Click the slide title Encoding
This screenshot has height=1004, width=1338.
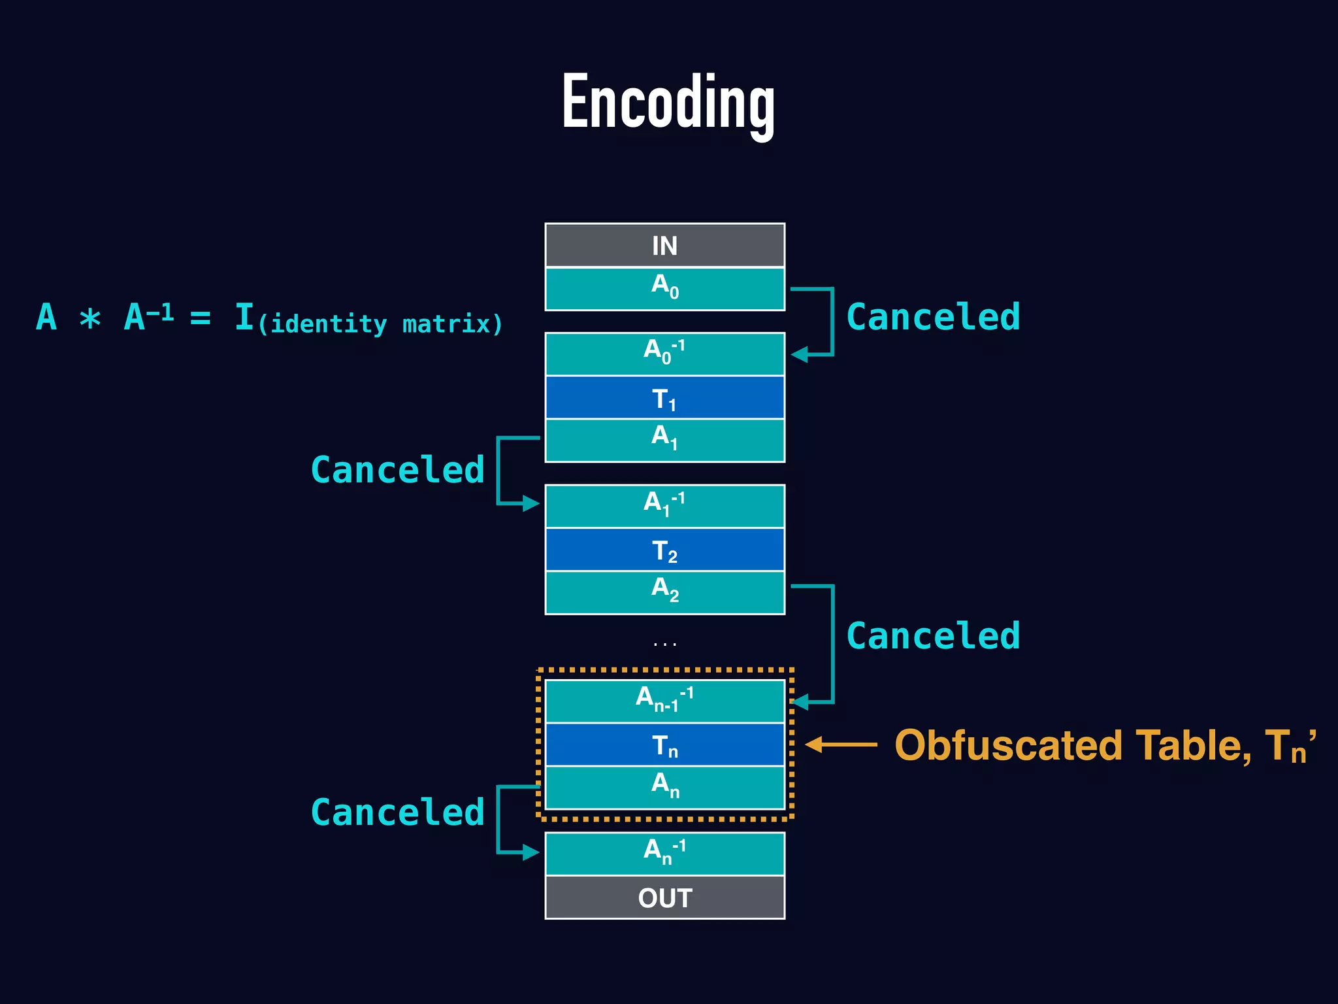(x=668, y=103)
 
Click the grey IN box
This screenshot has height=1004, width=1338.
(x=664, y=246)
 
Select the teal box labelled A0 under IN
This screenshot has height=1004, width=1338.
(x=664, y=288)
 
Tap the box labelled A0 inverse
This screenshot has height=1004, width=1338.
(x=664, y=354)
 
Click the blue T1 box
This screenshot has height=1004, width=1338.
(x=664, y=397)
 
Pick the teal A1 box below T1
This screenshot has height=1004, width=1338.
(x=664, y=440)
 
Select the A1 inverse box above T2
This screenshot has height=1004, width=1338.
(x=664, y=506)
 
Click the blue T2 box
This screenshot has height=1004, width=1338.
(x=664, y=550)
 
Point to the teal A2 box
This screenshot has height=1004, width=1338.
(x=664, y=592)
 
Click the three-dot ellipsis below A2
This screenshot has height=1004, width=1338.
(x=664, y=644)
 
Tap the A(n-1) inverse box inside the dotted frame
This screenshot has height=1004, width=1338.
(x=664, y=701)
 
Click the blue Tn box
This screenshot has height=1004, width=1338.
(x=664, y=745)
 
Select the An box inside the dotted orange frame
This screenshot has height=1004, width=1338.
(x=664, y=787)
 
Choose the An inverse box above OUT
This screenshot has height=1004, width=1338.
(x=664, y=853)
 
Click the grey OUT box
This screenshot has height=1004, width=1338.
(x=664, y=897)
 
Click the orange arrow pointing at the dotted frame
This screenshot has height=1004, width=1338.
(x=841, y=745)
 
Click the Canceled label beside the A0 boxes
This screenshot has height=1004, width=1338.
(x=932, y=317)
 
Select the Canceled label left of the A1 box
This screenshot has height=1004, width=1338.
(x=397, y=470)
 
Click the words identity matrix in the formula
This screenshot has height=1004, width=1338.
(x=380, y=324)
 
